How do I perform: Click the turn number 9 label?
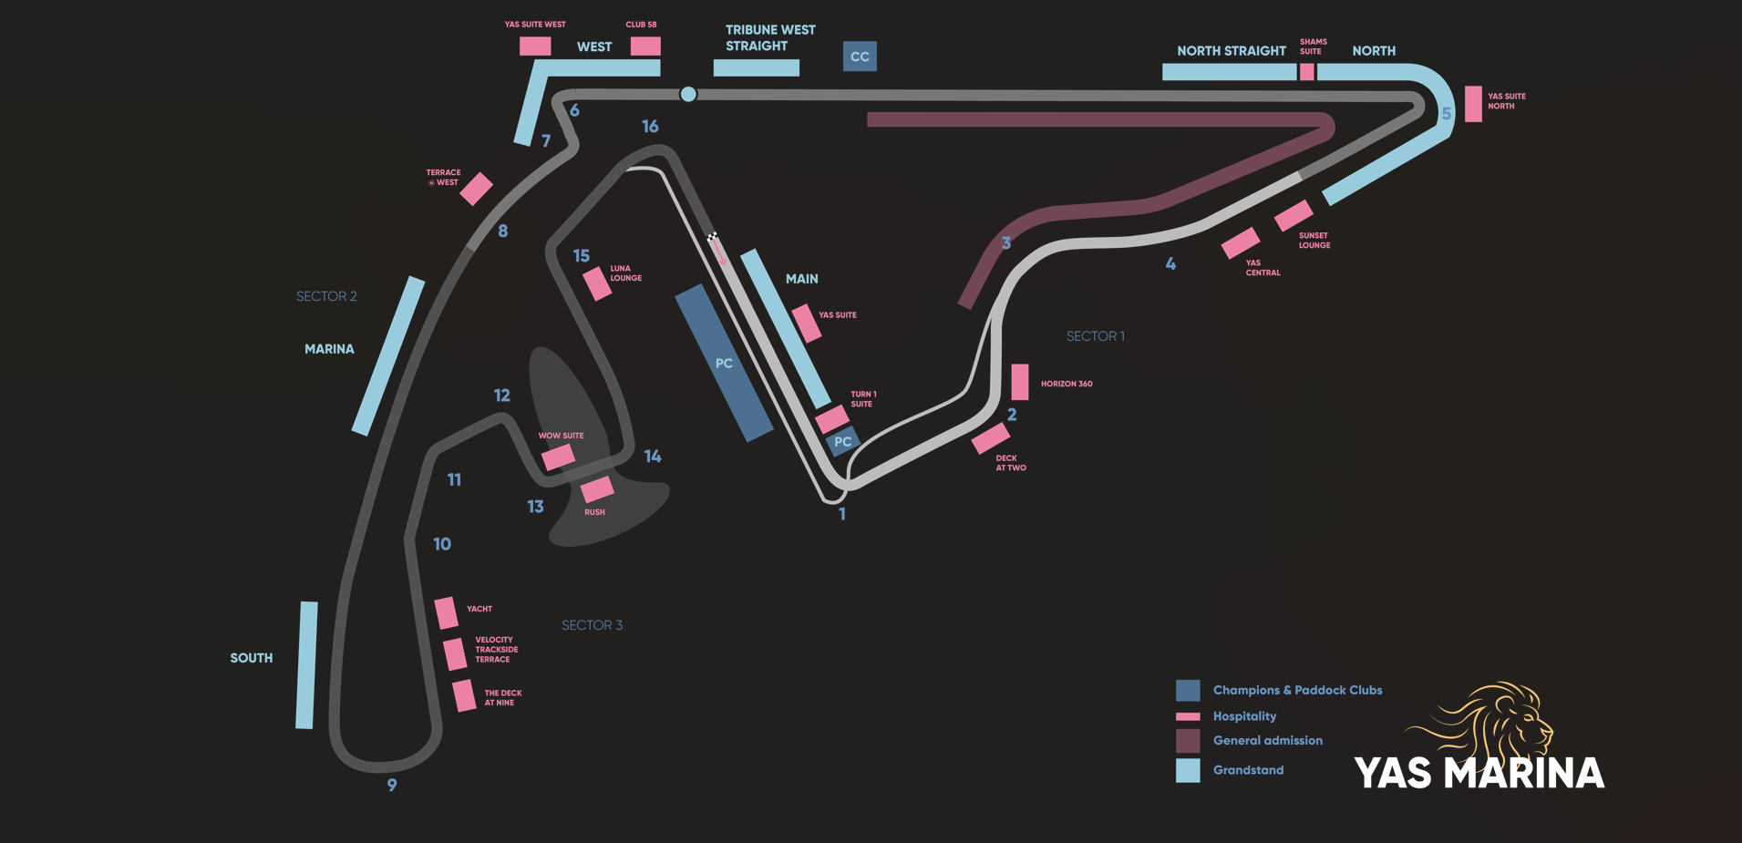392,785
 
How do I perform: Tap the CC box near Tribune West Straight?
860,57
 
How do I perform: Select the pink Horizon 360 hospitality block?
1020,382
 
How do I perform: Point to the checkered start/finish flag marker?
713,237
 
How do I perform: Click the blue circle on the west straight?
688,94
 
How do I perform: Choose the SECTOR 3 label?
592,625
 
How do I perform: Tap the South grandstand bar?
306,664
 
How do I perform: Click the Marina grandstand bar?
388,355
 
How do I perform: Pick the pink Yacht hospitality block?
446,612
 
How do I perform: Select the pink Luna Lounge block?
597,283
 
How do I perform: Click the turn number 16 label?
650,127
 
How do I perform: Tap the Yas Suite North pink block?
1473,104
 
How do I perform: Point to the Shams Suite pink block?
1307,71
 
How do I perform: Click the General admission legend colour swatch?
1188,741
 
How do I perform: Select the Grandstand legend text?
1248,770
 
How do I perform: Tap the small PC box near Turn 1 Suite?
843,442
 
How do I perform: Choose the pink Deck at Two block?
990,438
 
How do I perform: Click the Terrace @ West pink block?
476,189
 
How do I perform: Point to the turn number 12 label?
502,396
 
